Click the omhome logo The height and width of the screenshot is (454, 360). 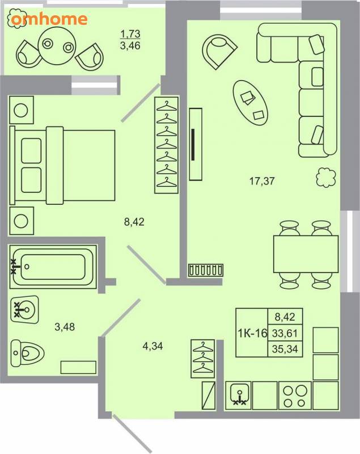coord(49,19)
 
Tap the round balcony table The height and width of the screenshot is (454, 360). coord(57,46)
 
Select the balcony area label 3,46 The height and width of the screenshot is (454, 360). coord(130,46)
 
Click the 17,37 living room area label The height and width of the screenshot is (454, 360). coord(262,181)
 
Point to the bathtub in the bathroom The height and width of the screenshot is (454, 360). coord(53,267)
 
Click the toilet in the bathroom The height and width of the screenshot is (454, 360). coord(27,352)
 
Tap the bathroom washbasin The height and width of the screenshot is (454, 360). coord(24,309)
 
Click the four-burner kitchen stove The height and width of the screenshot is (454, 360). coord(295,396)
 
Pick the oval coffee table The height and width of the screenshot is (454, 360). coord(251,103)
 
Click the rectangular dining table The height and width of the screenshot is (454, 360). coord(306,254)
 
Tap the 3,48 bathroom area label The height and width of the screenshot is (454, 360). coord(65,327)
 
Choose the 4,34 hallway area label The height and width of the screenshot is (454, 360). coord(153,346)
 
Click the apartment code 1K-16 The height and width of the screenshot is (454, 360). coord(252,333)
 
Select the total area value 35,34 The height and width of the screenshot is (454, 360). coord(285,349)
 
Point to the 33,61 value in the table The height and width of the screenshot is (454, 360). coord(285,333)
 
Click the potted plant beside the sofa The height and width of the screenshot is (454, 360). coord(326,178)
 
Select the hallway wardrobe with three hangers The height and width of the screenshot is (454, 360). coord(203,359)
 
